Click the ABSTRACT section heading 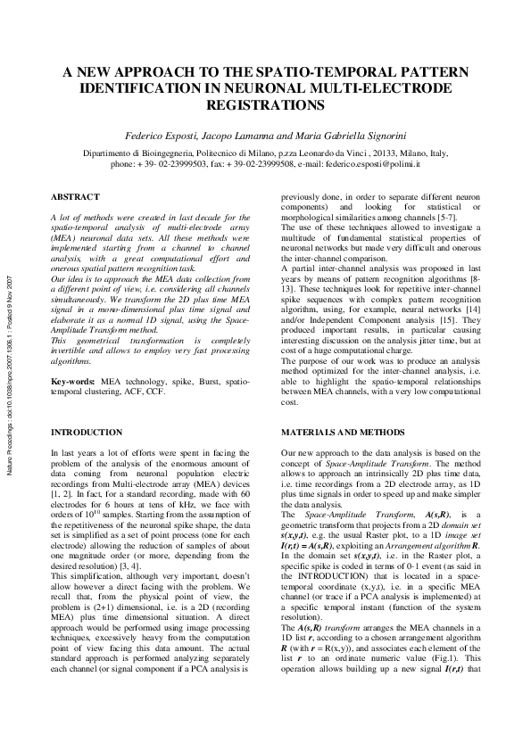75,196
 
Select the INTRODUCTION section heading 89,432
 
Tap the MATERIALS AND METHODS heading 333,432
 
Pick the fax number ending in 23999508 292,164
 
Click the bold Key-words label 74,405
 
